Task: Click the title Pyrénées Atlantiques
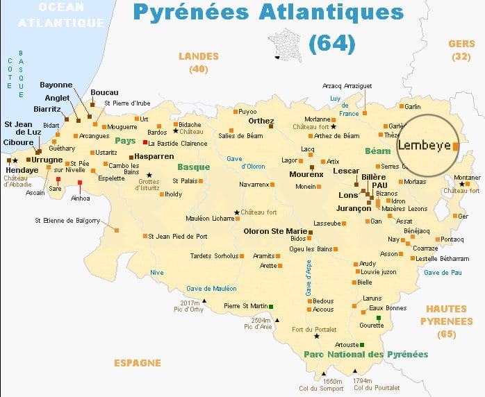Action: (268, 12)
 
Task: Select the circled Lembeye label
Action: (423, 146)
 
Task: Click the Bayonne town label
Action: (57, 85)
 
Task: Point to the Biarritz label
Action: (47, 109)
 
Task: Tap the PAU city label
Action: (379, 186)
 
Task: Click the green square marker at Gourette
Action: (379, 318)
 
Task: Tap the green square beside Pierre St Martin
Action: (271, 306)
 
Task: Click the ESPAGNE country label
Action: (138, 363)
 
